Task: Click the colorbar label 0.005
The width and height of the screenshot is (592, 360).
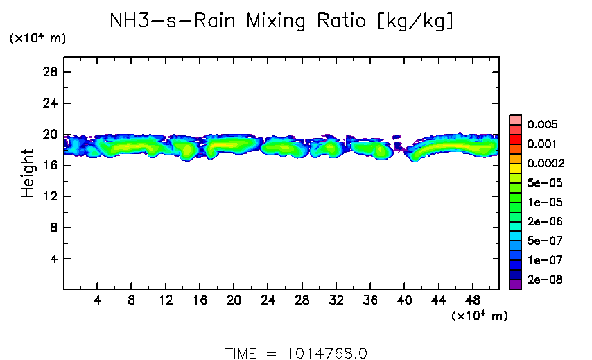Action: pyautogui.click(x=542, y=125)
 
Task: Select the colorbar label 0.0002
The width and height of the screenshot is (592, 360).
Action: pyautogui.click(x=546, y=164)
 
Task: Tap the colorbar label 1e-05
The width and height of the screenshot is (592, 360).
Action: pyautogui.click(x=542, y=203)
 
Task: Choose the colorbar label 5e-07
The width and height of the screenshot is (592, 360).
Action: pyautogui.click(x=542, y=241)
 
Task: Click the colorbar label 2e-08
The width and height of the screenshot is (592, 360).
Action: pyautogui.click(x=542, y=280)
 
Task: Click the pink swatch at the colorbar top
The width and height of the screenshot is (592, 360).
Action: pyautogui.click(x=515, y=119)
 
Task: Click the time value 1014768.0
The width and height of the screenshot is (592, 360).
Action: pyautogui.click(x=327, y=353)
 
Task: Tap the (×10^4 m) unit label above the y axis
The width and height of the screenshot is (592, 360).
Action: pyautogui.click(x=37, y=39)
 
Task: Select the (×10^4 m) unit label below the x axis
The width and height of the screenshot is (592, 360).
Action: pyautogui.click(x=480, y=316)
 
